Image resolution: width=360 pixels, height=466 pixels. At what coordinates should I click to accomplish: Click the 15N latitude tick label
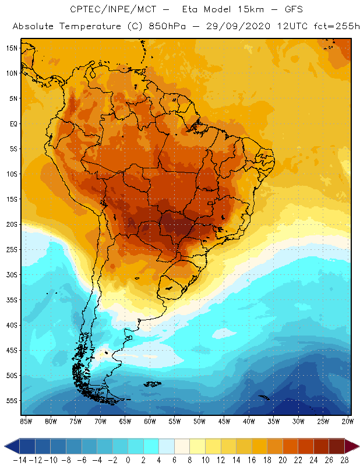(11, 48)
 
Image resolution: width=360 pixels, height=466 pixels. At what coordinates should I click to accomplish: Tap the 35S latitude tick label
(11, 299)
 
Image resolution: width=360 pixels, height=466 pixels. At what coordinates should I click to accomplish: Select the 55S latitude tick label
(11, 401)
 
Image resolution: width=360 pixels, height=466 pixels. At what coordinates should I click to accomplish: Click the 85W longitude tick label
(26, 421)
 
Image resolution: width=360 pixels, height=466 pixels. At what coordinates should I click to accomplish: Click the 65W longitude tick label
(125, 421)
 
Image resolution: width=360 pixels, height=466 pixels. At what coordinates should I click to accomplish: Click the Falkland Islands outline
(153, 383)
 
